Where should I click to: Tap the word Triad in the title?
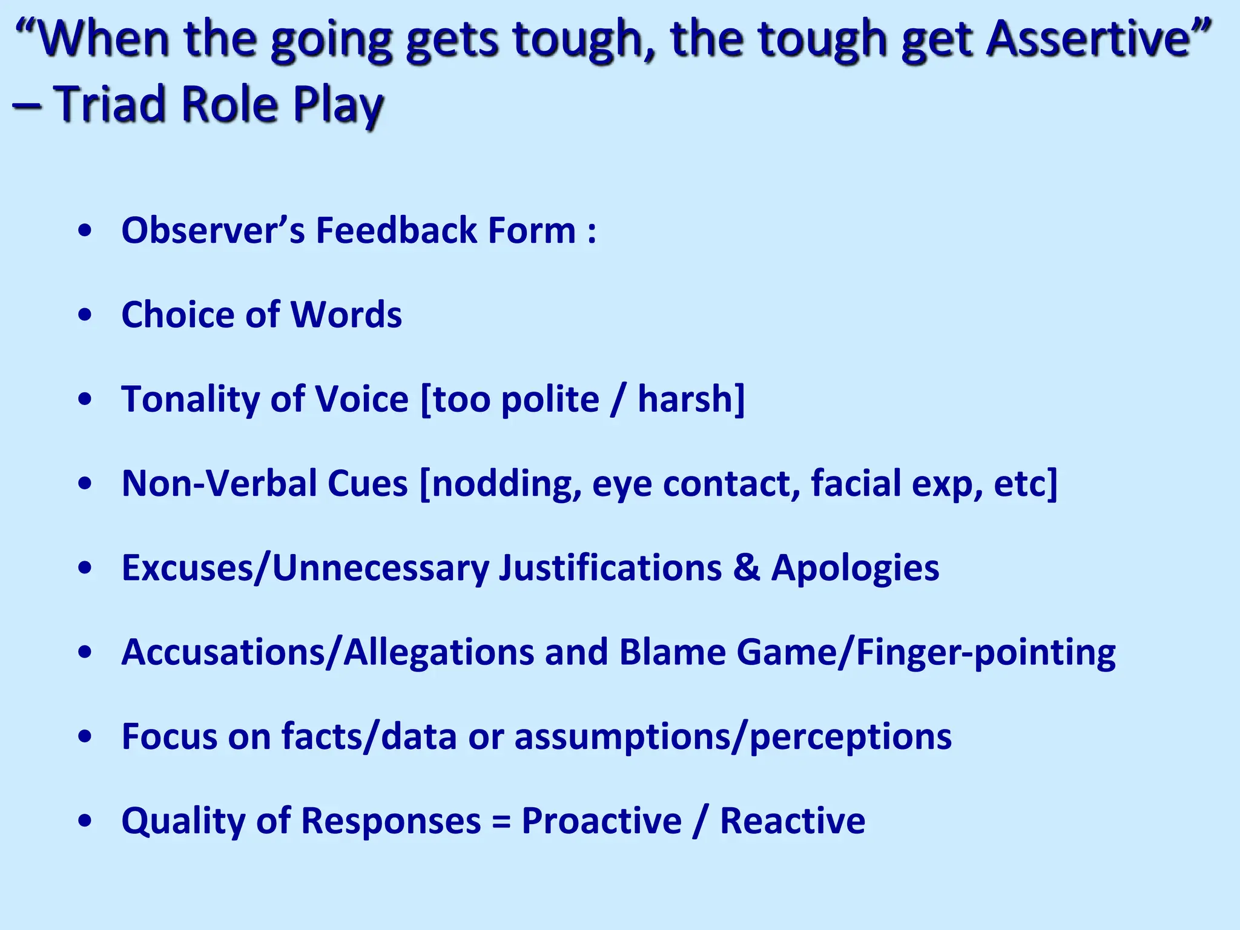pos(110,104)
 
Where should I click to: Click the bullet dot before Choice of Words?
pos(85,315)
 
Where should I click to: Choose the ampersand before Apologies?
pos(746,568)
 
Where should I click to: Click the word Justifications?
pos(610,568)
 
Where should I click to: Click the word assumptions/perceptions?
pos(733,737)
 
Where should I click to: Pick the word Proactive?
pos(601,821)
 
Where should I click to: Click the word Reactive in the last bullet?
pos(792,821)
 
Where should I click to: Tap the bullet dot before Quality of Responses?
pos(85,822)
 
